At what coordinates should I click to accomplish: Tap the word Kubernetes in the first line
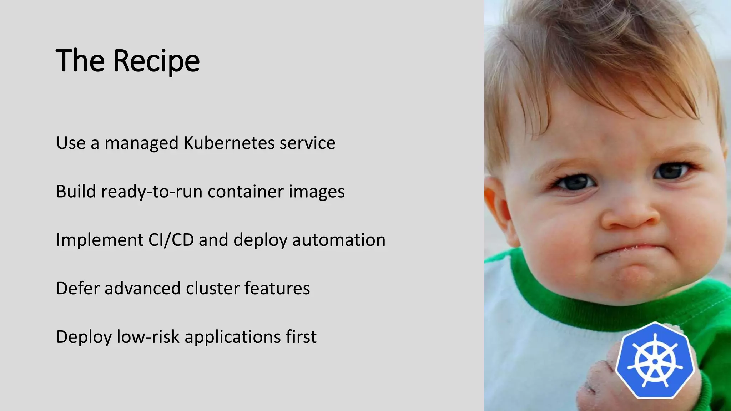pyautogui.click(x=229, y=143)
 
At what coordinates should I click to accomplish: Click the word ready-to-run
pyautogui.click(x=152, y=192)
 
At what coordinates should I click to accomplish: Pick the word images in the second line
pyautogui.click(x=317, y=192)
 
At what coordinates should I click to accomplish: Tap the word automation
pyautogui.click(x=339, y=240)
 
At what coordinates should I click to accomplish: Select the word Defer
pyautogui.click(x=77, y=288)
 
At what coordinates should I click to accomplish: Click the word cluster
pyautogui.click(x=212, y=288)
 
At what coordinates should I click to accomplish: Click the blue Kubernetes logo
pyautogui.click(x=655, y=361)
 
